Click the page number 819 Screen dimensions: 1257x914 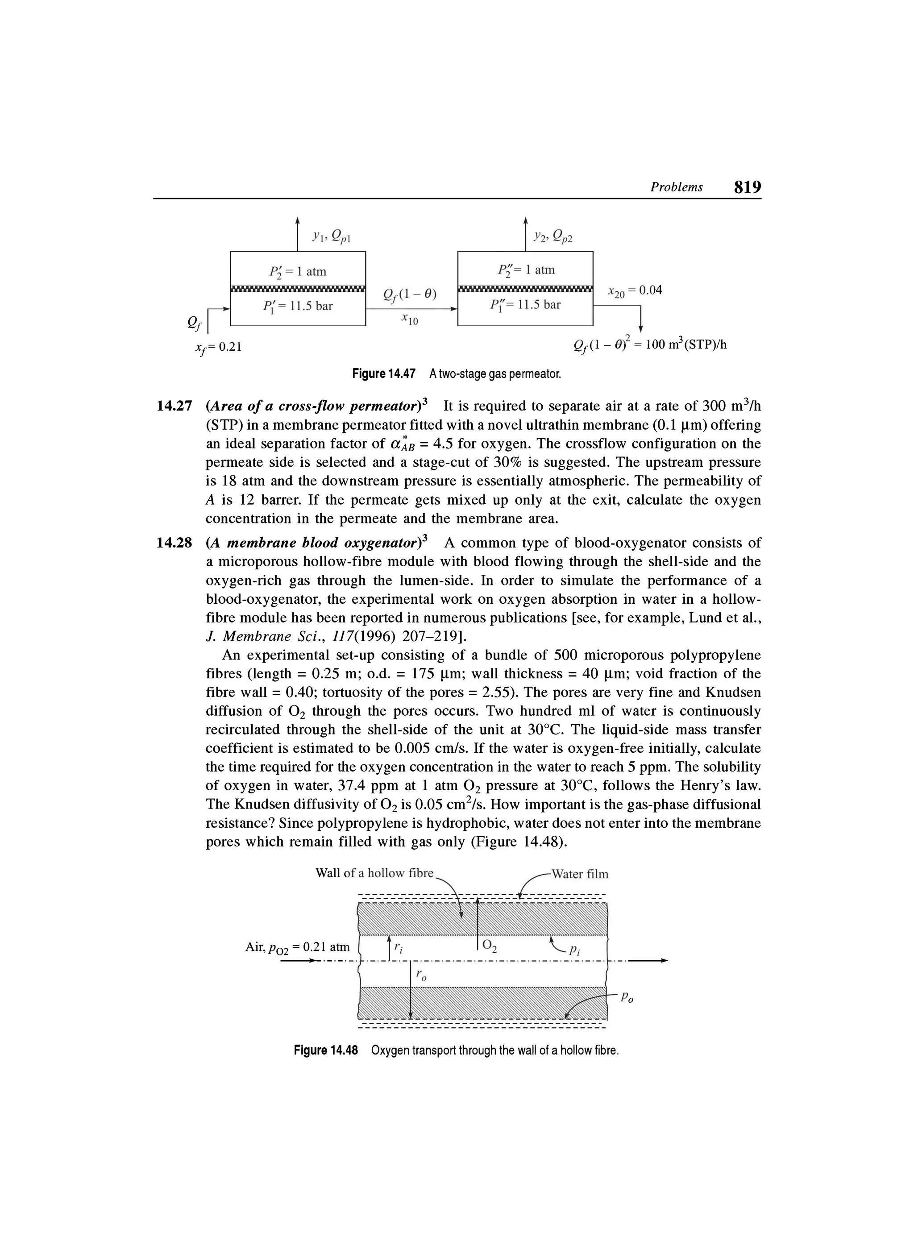747,187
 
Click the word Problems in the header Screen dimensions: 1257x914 676,187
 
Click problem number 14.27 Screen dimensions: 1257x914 174,406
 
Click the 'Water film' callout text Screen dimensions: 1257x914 579,875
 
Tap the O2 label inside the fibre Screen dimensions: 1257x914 490,946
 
